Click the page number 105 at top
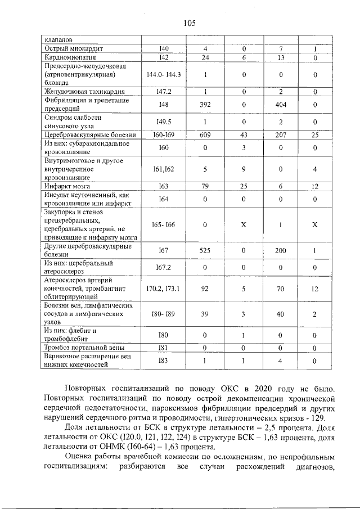point(189,23)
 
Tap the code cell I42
point(164,57)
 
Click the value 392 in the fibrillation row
point(205,105)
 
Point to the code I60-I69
point(164,135)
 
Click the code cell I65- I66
point(164,224)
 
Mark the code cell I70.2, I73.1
point(164,289)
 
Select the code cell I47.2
point(164,92)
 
